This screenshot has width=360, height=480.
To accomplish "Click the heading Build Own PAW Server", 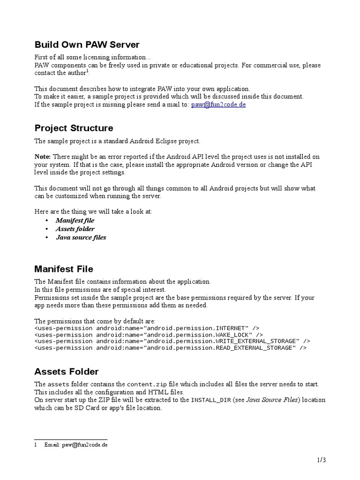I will (87, 45).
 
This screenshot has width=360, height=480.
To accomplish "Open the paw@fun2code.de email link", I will (218, 105).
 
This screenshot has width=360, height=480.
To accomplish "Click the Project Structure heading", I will (74, 128).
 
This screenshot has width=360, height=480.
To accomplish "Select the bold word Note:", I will (43, 156).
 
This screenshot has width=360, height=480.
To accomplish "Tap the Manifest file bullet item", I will (75, 220).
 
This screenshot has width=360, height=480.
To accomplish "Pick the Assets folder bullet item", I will (75, 229).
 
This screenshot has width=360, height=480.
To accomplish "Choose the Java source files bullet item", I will (81, 237).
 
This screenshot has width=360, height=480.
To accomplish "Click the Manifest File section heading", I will (64, 269).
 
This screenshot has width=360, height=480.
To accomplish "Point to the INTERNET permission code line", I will (147, 328).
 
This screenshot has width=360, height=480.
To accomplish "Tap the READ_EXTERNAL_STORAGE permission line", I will (171, 348).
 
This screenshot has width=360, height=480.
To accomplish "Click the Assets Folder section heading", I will (67, 372).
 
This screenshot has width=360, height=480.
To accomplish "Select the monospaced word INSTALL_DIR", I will (210, 400).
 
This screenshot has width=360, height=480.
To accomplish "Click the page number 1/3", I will (321, 460).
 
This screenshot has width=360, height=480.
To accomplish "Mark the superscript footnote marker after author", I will (87, 71).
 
